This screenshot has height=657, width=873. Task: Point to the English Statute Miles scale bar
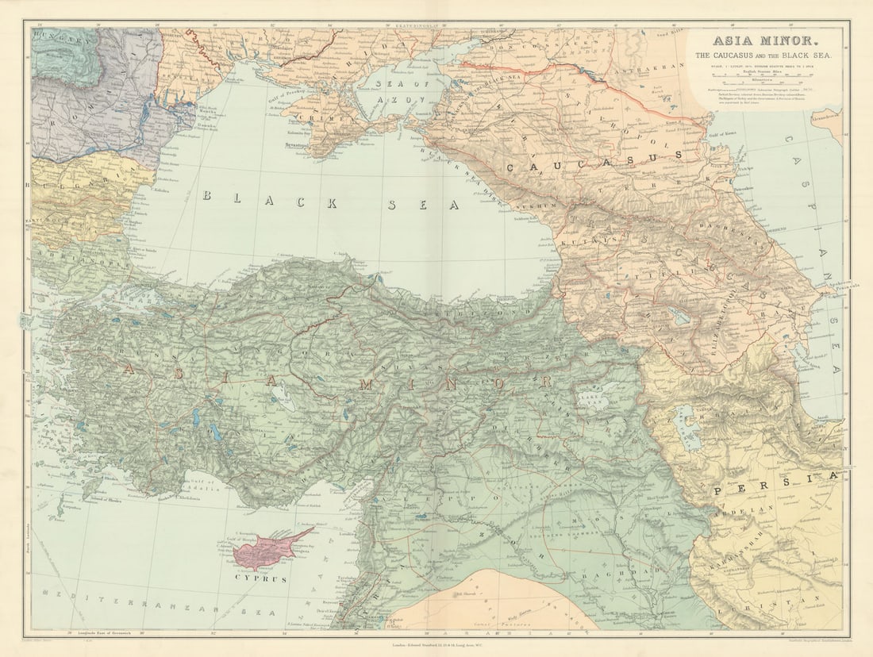point(759,76)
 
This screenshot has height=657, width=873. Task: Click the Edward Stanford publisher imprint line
point(436,640)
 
